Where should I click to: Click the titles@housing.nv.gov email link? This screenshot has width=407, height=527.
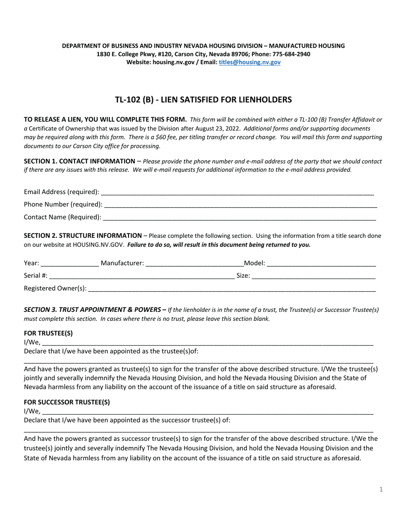coord(249,62)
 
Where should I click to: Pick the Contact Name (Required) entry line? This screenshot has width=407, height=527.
coord(239,217)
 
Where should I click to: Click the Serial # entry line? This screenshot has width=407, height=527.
coord(142,275)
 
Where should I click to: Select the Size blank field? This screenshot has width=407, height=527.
coord(313,275)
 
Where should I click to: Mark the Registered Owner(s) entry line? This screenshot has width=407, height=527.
coord(232,288)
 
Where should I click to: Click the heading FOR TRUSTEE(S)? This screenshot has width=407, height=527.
coord(48,333)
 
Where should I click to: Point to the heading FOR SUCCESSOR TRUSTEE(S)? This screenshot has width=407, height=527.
coord(67,402)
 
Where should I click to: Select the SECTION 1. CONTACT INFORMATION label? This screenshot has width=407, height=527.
coord(79,161)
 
